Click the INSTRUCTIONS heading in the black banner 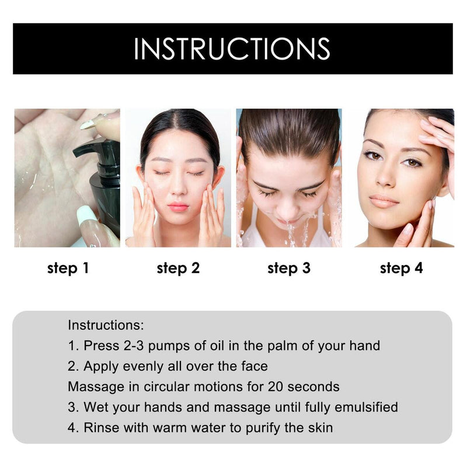coord(232,49)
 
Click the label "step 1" coord(68,269)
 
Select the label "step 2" coord(178,269)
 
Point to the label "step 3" coord(289,269)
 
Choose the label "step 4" coord(401,269)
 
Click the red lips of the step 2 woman coord(178,207)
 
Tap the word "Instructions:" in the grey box coord(106,325)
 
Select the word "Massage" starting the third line coord(92,386)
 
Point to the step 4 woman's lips coord(384,201)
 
